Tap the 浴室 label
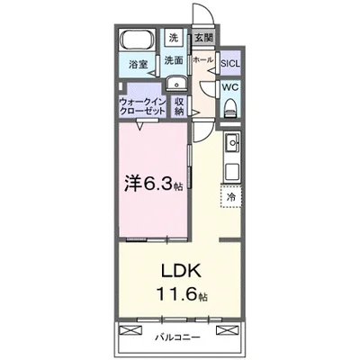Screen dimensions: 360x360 [138, 65]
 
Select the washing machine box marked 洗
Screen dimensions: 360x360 [175, 38]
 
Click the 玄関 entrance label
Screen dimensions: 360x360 [203, 38]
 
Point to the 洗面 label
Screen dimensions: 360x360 [174, 60]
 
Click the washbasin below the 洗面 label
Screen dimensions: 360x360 [174, 81]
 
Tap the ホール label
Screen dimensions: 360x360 [204, 60]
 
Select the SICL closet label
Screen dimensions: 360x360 [230, 63]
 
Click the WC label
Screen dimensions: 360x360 [229, 88]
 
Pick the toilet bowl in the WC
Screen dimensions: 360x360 [229, 109]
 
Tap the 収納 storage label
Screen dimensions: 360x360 [180, 108]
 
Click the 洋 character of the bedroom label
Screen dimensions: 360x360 [132, 181]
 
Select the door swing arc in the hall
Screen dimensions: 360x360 [207, 130]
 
